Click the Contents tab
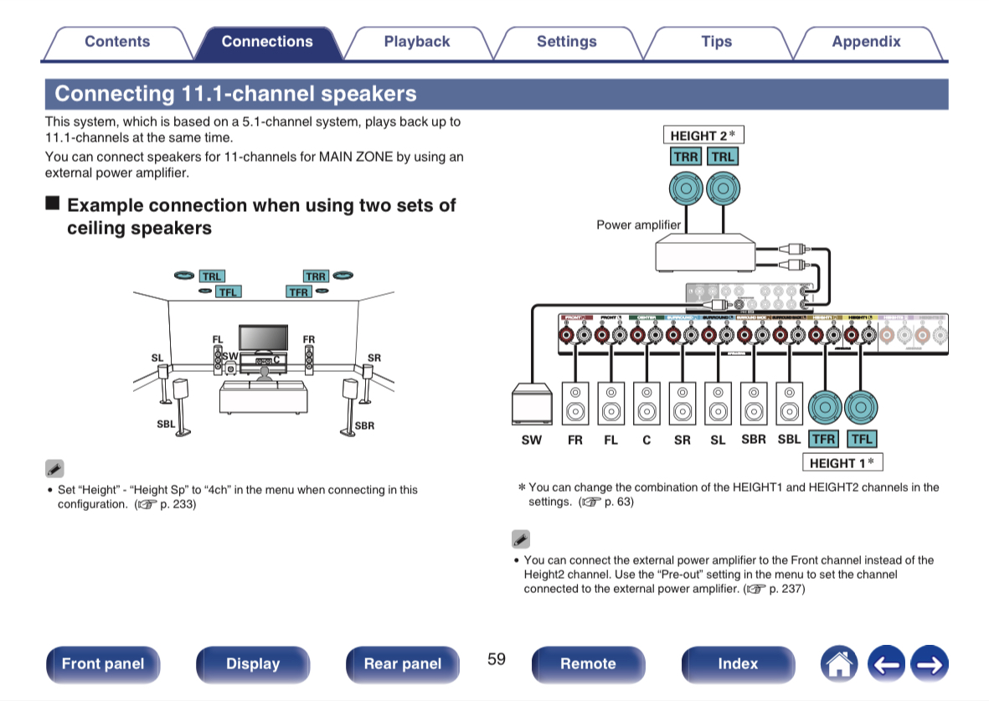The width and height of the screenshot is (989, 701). pos(117,42)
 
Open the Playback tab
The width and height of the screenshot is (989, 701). pos(416,42)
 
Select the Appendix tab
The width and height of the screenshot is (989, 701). pos(866,42)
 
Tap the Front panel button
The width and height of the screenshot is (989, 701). pos(102,664)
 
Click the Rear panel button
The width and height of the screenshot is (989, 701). pos(402,664)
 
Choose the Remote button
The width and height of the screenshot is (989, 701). pos(588,664)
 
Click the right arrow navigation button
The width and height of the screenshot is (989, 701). pos(929,664)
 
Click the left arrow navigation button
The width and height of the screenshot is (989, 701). pos(888,664)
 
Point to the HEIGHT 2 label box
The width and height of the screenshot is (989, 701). pos(703,135)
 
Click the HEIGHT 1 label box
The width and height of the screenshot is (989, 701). pos(842,462)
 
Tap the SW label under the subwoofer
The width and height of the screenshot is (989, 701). pos(531,439)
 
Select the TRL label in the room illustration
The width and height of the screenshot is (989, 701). pos(212,276)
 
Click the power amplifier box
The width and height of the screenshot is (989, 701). pos(704,252)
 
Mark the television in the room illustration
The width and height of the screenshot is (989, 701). pos(264,338)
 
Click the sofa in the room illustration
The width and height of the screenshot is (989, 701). pos(262,397)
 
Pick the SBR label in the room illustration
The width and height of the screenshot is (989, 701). pos(365,425)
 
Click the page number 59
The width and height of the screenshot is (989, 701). pos(497,659)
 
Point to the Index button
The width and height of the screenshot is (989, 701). pos(737,664)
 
